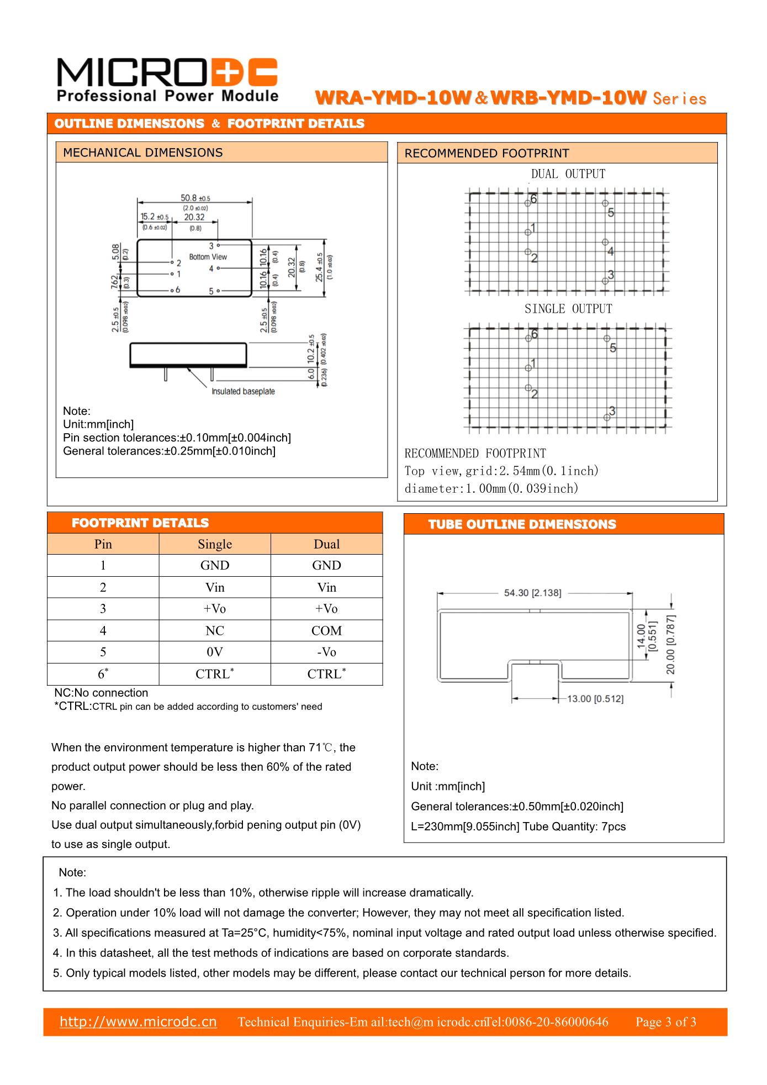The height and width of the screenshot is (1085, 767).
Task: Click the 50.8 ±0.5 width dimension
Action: (x=195, y=198)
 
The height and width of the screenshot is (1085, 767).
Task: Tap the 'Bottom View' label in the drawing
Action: (x=208, y=257)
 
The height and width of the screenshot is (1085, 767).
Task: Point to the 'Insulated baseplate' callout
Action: (x=243, y=391)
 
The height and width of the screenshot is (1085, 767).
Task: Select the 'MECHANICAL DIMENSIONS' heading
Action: (x=142, y=152)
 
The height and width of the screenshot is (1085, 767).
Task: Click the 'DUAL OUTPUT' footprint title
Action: (x=568, y=174)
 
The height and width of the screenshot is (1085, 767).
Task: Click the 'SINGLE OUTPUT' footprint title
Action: (x=568, y=309)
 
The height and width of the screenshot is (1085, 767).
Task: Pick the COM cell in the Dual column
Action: (x=326, y=630)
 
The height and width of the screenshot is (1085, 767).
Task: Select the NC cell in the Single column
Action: (x=214, y=630)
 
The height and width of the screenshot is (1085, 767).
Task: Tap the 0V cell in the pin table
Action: (x=214, y=652)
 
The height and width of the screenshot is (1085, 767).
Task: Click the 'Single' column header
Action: (x=214, y=544)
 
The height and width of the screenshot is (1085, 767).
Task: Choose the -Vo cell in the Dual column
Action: (x=326, y=652)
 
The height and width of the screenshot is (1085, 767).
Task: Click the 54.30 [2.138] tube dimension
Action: (x=532, y=593)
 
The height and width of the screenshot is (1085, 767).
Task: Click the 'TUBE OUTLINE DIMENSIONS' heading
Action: (x=522, y=524)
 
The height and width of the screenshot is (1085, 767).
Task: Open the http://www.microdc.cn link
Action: (x=138, y=1021)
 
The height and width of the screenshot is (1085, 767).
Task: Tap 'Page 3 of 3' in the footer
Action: (x=665, y=1022)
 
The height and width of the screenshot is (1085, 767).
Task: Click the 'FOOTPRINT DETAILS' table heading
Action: (x=140, y=523)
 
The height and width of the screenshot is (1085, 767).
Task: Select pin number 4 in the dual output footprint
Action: (x=610, y=251)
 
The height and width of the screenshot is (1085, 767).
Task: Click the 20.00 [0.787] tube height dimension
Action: (x=670, y=644)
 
